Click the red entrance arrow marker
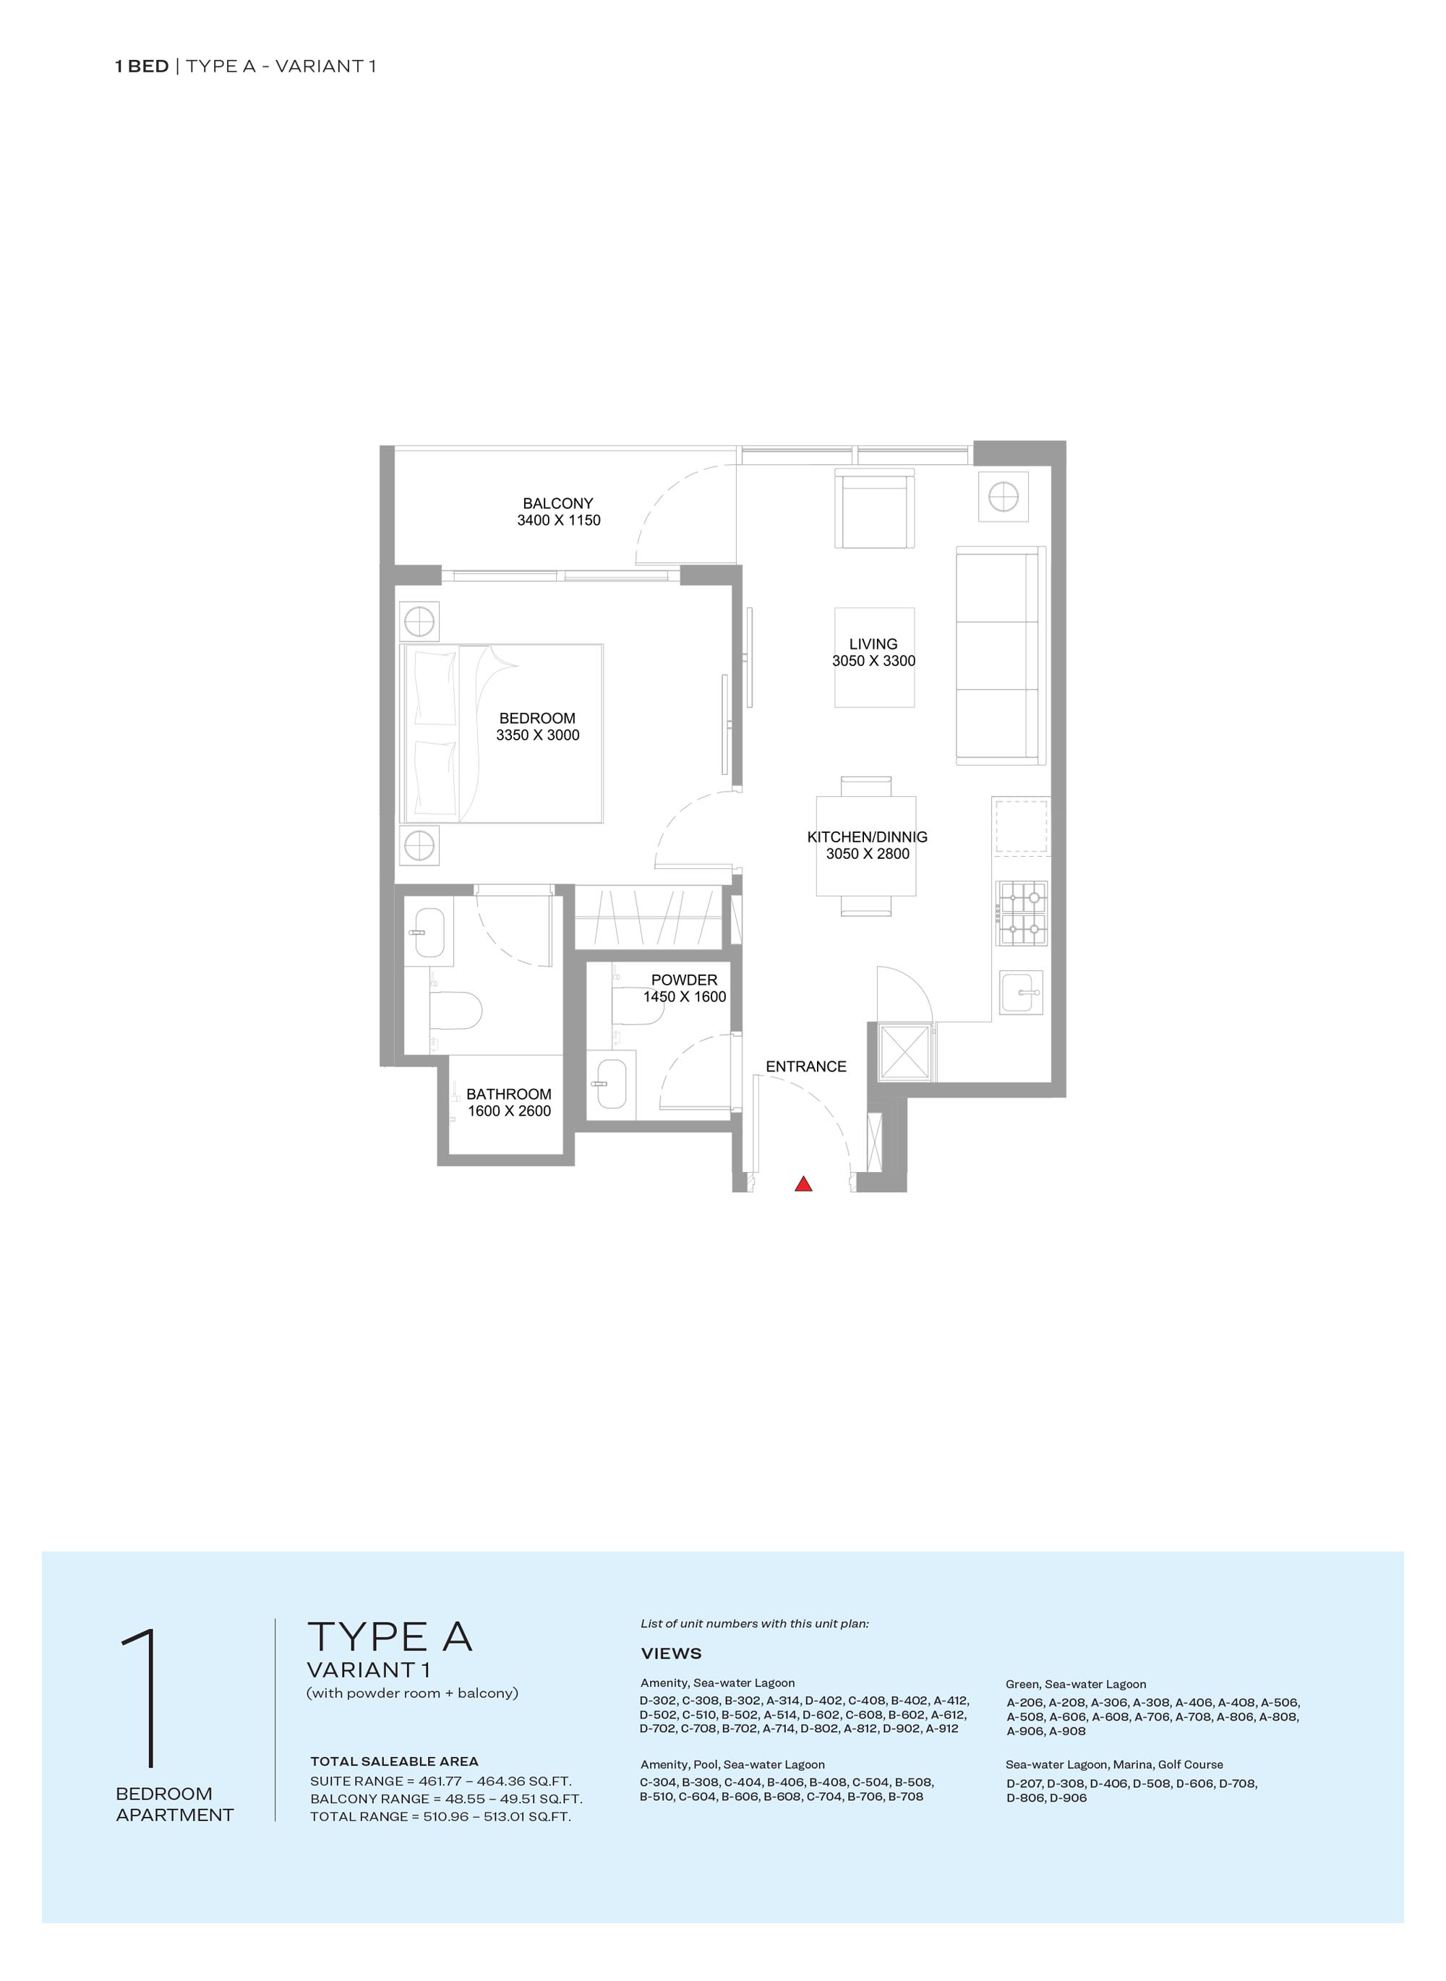[x=803, y=1184]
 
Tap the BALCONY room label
[x=557, y=503]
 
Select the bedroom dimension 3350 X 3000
[x=537, y=735]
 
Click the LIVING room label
[x=873, y=643]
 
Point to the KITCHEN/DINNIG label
[x=867, y=837]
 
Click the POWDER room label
[x=684, y=980]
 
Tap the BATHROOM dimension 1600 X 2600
[x=508, y=1111]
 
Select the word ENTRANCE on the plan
[x=805, y=1066]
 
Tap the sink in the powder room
[x=609, y=1084]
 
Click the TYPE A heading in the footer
[x=390, y=1636]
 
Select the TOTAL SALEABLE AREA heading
[x=394, y=1761]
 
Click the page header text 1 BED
[x=141, y=67]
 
